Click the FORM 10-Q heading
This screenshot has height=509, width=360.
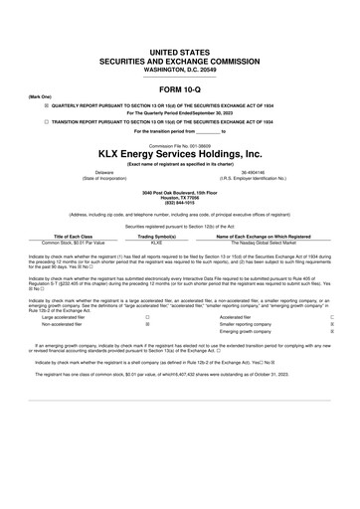(179, 86)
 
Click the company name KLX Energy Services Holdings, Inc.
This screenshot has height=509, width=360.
(179, 154)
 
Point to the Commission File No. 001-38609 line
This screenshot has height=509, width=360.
(179, 143)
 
